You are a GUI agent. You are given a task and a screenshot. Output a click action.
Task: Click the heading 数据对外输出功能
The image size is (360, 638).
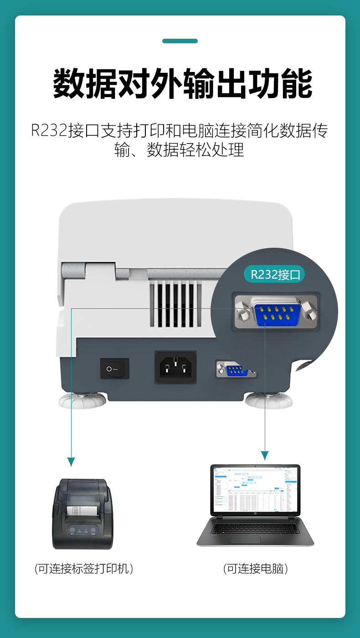pyautogui.click(x=183, y=84)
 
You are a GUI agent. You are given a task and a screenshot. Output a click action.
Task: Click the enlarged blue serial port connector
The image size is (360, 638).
pyautogui.click(x=278, y=313)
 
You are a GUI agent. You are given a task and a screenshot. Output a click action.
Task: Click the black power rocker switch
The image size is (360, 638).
pyautogui.click(x=114, y=368)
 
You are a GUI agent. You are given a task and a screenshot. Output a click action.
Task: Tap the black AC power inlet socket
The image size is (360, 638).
pyautogui.click(x=175, y=367)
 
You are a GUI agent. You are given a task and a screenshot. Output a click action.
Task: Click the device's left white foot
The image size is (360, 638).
pyautogui.click(x=82, y=401)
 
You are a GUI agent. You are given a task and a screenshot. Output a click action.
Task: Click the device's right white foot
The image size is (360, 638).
pyautogui.click(x=268, y=401)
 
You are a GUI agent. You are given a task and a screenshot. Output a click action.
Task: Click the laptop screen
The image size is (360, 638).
pyautogui.click(x=255, y=490)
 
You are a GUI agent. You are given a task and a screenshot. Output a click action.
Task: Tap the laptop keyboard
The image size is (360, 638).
pyautogui.click(x=255, y=528)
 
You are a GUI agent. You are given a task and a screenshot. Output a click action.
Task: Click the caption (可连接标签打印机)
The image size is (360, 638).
pyautogui.click(x=84, y=568)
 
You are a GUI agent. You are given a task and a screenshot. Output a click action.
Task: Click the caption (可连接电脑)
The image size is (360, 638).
pyautogui.click(x=256, y=568)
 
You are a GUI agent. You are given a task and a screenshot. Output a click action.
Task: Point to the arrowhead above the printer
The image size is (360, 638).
pyautogui.click(x=71, y=461)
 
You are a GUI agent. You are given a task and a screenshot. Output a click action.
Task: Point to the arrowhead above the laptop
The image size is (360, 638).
pyautogui.click(x=265, y=455)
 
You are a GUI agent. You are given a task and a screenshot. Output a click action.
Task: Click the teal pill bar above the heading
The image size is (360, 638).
pyautogui.click(x=180, y=41)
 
